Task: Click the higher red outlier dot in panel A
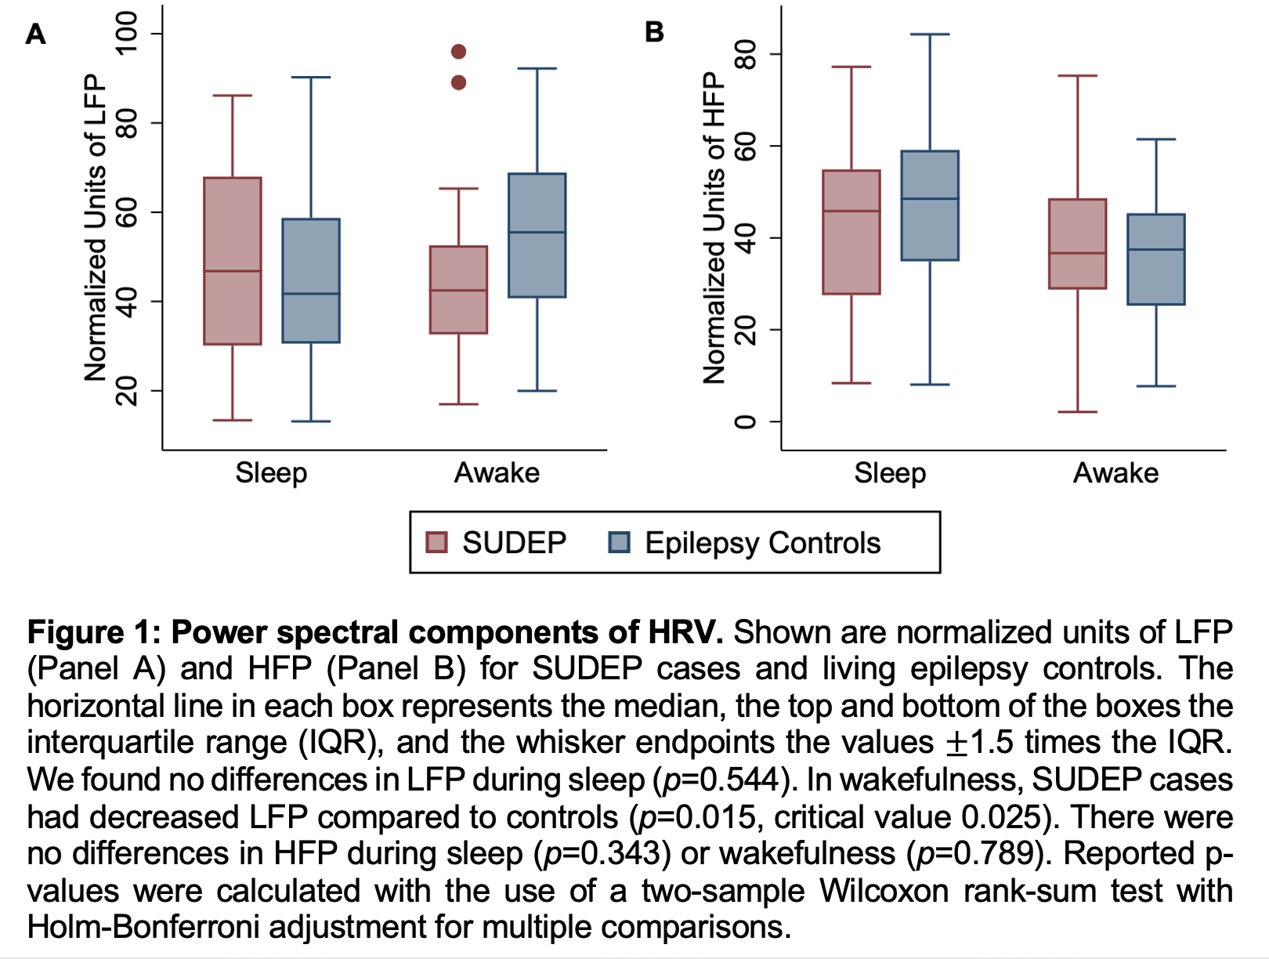point(459,52)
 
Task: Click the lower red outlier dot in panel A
point(459,82)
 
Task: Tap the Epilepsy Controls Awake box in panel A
point(537,235)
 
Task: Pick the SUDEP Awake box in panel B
point(1078,244)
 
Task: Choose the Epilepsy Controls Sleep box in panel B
point(930,205)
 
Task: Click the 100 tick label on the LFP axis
point(126,33)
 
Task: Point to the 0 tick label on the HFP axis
point(745,422)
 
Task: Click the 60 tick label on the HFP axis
point(745,146)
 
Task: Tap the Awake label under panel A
point(497,473)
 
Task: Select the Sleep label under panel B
point(890,473)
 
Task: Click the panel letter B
point(654,32)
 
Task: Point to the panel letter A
point(36,34)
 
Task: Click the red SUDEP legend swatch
point(436,542)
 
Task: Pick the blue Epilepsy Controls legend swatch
point(619,542)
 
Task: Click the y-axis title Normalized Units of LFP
point(96,227)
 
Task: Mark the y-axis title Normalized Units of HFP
point(714,227)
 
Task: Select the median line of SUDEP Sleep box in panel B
point(851,212)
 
